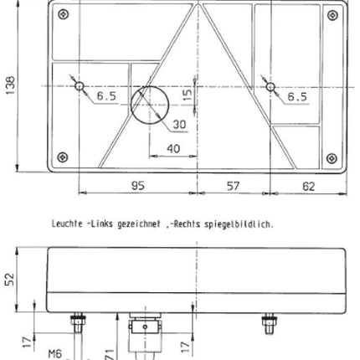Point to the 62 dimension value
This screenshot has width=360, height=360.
point(309,187)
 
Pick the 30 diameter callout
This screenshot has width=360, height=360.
point(179,125)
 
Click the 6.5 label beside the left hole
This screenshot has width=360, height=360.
point(106,97)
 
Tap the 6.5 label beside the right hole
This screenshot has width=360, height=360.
point(296,97)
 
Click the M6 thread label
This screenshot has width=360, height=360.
point(55,352)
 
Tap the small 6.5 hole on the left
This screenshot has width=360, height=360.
point(79,86)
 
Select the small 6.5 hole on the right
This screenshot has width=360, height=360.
point(270,86)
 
